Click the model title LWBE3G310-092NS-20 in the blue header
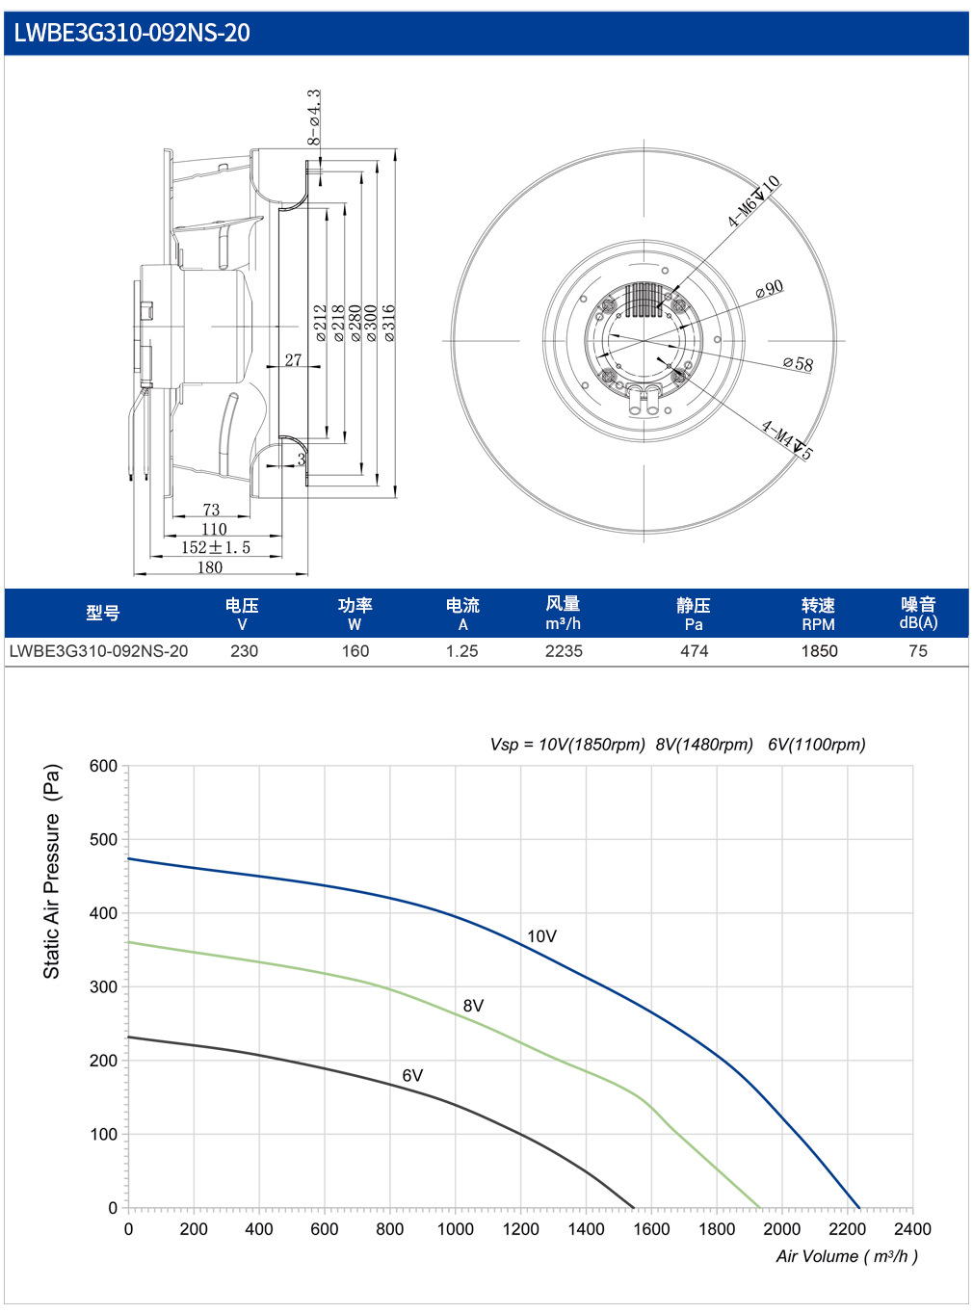pos(131,33)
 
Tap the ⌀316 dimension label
pos(388,323)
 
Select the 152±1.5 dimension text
pos(216,547)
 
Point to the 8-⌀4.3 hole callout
pos(314,118)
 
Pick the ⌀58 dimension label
pos(798,363)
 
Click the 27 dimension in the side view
pos(293,359)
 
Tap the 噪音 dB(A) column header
pos(918,613)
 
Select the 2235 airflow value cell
pos(564,651)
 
